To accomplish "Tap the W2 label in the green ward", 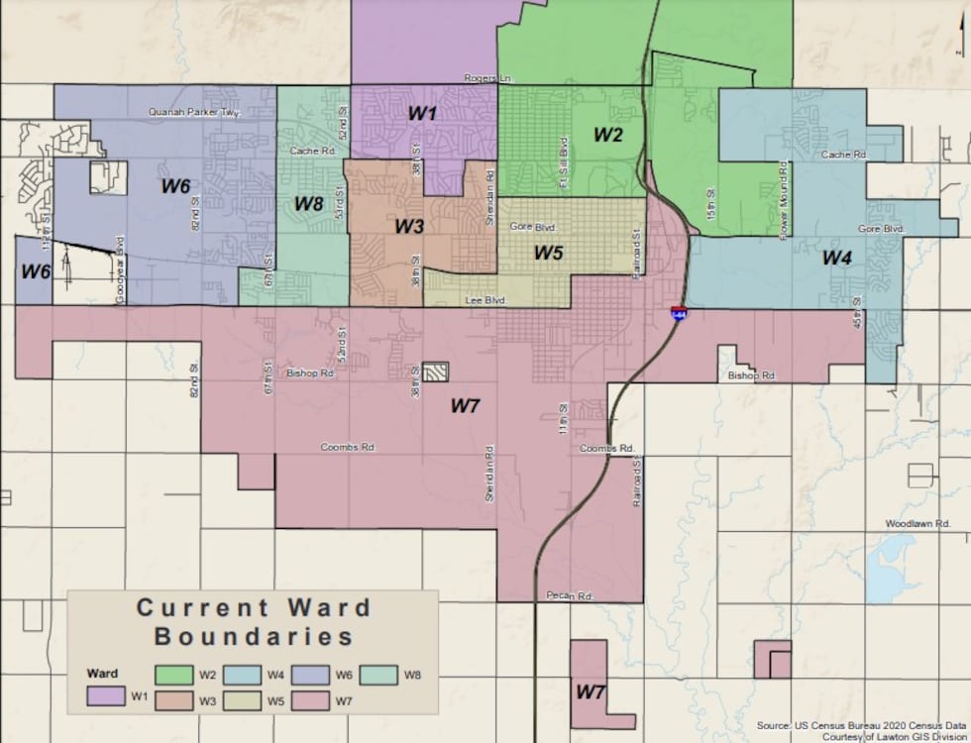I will (x=607, y=135).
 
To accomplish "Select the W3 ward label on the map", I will (x=409, y=227).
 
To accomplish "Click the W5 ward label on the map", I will (x=548, y=253).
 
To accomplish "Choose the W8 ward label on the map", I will (x=308, y=204).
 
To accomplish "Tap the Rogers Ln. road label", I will (x=487, y=78).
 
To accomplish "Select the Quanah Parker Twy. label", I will (x=195, y=112).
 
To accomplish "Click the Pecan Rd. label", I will (x=569, y=596).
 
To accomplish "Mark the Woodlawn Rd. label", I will (x=917, y=523).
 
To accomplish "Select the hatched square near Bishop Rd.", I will (x=436, y=371).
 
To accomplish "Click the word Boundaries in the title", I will (x=253, y=635).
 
